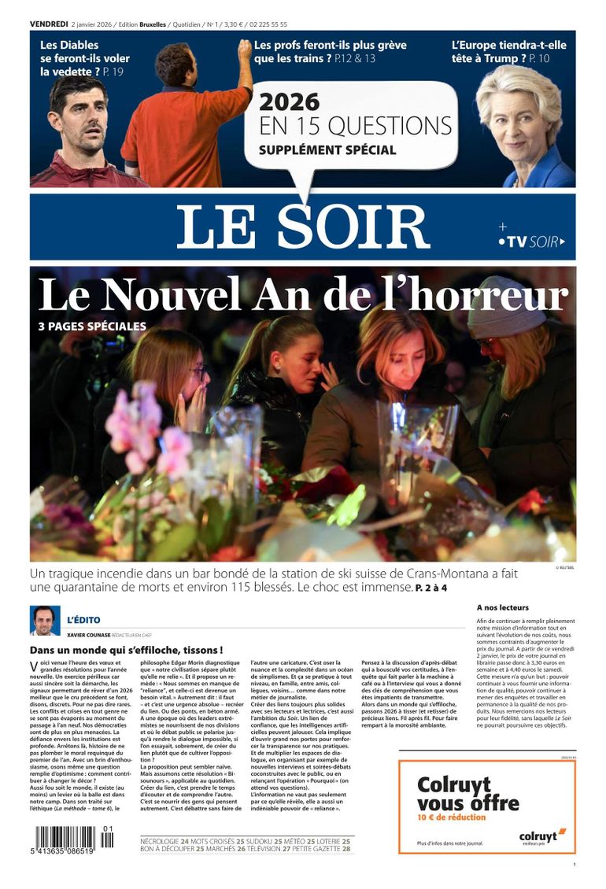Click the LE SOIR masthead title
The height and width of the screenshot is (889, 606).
[x=303, y=227]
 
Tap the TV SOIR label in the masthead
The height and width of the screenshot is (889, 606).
[x=534, y=242]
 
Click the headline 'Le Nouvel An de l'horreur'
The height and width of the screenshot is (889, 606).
[x=303, y=296]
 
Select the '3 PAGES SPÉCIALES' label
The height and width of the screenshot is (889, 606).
[x=92, y=326]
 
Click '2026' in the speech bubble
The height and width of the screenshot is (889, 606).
[x=290, y=102]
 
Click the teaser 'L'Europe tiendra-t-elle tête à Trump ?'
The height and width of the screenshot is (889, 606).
[x=508, y=51]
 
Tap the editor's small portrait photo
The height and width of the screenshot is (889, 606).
[x=45, y=621]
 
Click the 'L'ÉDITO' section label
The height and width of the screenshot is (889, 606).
[x=83, y=620]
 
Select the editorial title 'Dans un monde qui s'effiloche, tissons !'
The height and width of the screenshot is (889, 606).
[x=126, y=651]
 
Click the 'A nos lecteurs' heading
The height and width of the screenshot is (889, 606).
[x=503, y=607]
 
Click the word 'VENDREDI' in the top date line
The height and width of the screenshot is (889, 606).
[x=48, y=24]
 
